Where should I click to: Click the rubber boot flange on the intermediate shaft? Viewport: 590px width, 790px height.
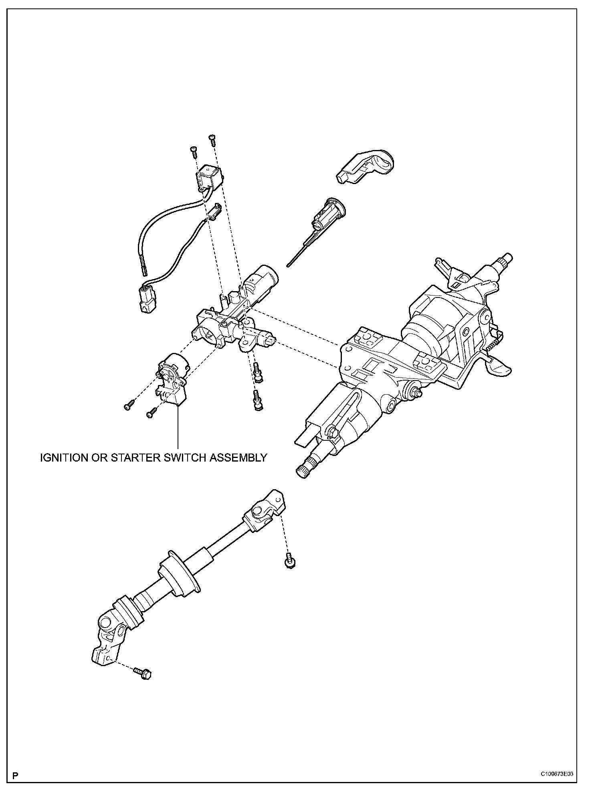pos(179,574)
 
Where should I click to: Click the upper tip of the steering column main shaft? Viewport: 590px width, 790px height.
pos(507,258)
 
